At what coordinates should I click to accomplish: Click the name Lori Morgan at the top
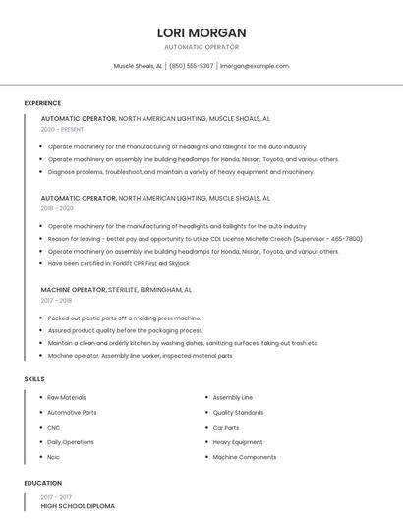tap(201, 32)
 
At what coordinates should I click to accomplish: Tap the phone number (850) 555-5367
tap(191, 66)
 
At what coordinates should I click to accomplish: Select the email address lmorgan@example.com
tap(255, 66)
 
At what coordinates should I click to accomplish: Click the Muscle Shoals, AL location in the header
tap(138, 66)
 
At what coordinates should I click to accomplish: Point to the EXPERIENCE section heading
tap(42, 103)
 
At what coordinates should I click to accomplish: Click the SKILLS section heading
tap(34, 378)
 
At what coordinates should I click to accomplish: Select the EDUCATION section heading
tap(43, 483)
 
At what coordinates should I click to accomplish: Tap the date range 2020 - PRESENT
tap(62, 129)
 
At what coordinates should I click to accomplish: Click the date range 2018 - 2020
tap(57, 208)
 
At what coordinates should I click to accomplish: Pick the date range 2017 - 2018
tap(56, 301)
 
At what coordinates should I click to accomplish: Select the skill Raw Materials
tap(67, 397)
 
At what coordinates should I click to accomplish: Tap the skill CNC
tap(54, 428)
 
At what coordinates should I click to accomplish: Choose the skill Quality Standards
tap(238, 413)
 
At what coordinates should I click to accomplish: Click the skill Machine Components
tap(244, 457)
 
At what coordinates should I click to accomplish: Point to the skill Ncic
tap(54, 457)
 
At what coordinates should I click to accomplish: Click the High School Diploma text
tap(78, 506)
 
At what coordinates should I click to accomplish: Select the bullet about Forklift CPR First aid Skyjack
tap(118, 263)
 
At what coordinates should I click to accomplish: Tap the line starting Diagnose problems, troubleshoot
tap(181, 172)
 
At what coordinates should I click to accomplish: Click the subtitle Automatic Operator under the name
tap(201, 47)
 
